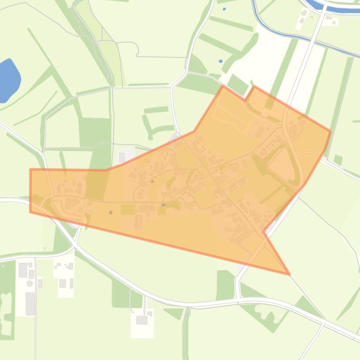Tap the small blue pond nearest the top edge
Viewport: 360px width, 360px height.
tap(224, 9)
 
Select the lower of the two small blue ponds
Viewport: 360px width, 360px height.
tap(221, 61)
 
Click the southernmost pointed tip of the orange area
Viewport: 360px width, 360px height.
tap(289, 274)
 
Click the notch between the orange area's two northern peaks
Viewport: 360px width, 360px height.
tap(245, 100)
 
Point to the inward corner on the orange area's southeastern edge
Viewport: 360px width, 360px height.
tap(264, 231)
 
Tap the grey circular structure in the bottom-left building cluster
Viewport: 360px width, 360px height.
tap(30, 283)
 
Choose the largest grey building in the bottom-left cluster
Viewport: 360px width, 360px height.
tap(30, 303)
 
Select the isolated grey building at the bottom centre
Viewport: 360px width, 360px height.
tap(142, 320)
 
